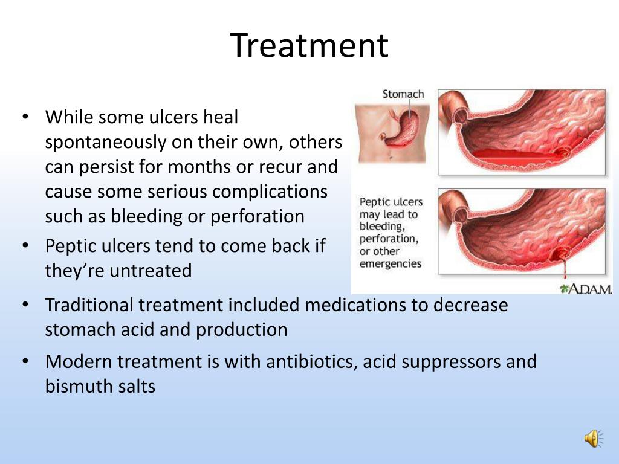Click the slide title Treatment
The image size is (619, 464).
pyautogui.click(x=309, y=45)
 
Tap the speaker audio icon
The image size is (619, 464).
pyautogui.click(x=594, y=439)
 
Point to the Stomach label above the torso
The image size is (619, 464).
pyautogui.click(x=403, y=94)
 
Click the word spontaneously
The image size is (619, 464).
pyautogui.click(x=105, y=143)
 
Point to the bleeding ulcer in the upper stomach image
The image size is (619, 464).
pyautogui.click(x=562, y=152)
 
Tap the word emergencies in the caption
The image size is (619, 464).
pyautogui.click(x=390, y=263)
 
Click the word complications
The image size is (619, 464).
pyautogui.click(x=270, y=192)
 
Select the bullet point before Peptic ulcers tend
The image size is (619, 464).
pyautogui.click(x=25, y=245)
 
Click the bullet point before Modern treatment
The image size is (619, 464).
pyautogui.click(x=25, y=361)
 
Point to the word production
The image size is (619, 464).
pyautogui.click(x=242, y=330)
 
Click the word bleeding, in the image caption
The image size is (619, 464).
pyautogui.click(x=382, y=227)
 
